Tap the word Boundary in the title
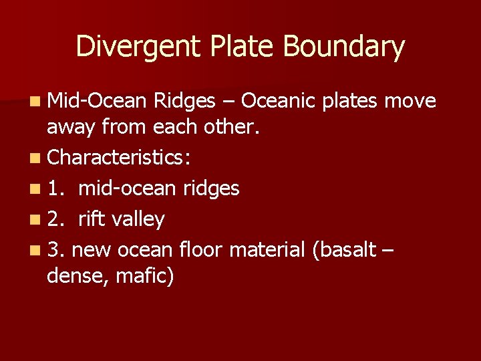click(343, 47)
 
